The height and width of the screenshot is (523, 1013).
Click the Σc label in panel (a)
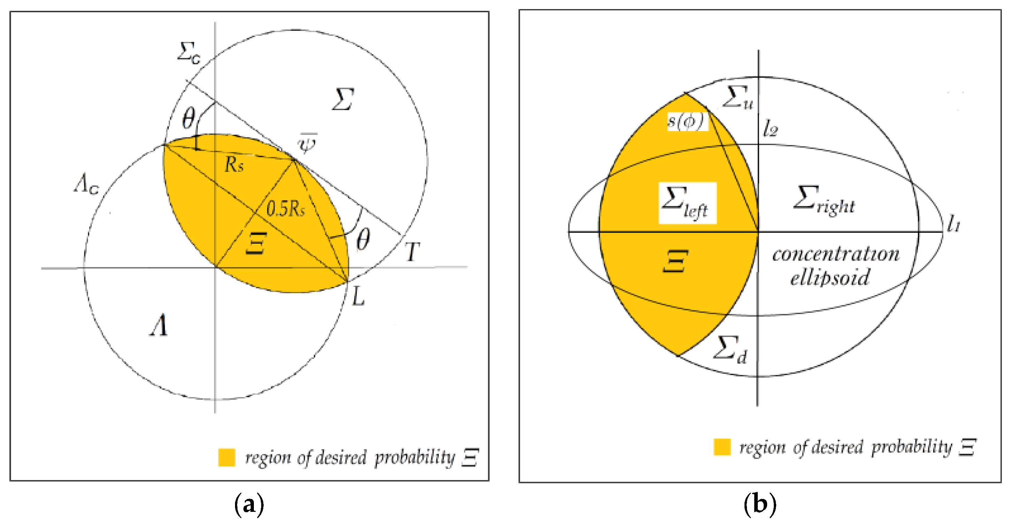[189, 53]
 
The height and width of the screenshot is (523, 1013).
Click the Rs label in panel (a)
[234, 164]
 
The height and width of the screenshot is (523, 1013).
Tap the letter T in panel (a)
[412, 252]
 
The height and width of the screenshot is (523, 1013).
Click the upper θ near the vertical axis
[189, 118]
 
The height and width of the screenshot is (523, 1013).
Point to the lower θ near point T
[363, 239]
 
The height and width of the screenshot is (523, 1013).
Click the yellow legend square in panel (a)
[227, 457]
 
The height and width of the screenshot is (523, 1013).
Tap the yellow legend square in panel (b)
[722, 447]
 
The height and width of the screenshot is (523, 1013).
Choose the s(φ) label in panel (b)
[686, 121]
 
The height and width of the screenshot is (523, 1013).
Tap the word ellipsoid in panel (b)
[830, 278]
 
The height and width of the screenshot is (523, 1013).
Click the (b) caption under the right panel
[760, 504]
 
